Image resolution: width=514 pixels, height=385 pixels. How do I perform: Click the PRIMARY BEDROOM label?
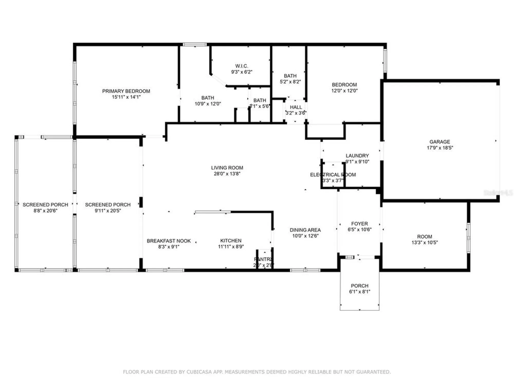tap(126, 91)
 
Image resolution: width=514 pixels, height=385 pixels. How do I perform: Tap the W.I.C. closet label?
tap(242, 66)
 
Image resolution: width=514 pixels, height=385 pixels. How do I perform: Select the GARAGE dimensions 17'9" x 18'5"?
tap(440, 148)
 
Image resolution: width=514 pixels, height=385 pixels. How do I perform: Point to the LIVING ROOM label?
tap(227, 168)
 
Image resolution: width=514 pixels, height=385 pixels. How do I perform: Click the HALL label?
tap(296, 107)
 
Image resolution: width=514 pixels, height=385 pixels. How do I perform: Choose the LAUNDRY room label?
tap(357, 156)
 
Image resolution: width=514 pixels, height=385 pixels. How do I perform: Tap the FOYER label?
tap(359, 224)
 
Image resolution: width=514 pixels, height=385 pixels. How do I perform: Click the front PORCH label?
tap(359, 286)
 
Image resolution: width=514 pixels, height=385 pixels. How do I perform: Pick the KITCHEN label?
tap(231, 241)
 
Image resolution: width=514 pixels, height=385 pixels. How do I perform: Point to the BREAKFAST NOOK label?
tap(169, 241)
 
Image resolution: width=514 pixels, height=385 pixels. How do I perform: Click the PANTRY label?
tap(263, 259)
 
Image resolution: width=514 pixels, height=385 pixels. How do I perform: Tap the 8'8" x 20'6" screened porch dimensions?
tap(45, 211)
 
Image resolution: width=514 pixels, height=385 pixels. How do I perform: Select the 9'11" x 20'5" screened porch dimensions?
tap(108, 211)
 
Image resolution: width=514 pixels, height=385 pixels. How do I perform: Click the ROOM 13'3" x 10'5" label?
tap(424, 237)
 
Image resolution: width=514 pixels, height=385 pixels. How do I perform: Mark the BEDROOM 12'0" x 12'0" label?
tap(344, 85)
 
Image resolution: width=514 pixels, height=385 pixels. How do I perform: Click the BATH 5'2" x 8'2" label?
tap(290, 76)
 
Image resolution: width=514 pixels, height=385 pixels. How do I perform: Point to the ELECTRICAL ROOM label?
tap(333, 175)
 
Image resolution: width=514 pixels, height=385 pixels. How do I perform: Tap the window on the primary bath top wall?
tap(195, 45)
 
